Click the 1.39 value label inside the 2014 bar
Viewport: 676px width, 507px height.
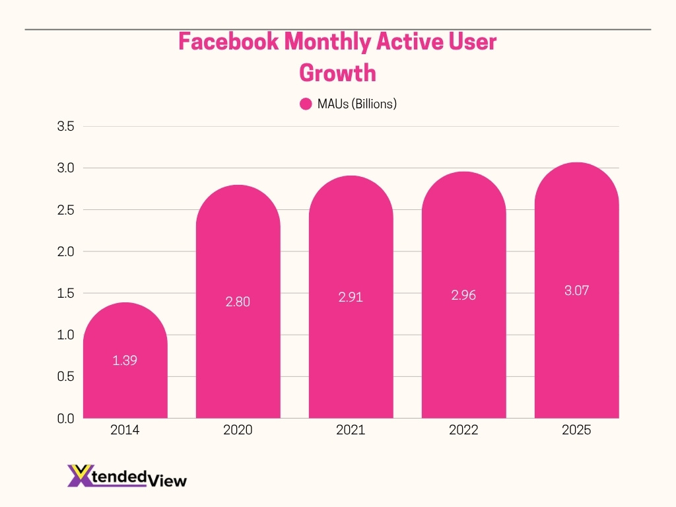point(125,360)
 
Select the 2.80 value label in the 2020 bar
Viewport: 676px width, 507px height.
point(238,302)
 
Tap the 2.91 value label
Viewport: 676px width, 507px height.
point(351,297)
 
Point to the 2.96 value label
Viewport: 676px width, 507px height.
point(463,295)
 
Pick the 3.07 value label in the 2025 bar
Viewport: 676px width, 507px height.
point(576,290)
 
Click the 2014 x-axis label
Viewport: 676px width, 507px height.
point(125,430)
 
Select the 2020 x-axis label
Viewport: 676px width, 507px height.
point(238,430)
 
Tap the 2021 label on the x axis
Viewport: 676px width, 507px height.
point(351,430)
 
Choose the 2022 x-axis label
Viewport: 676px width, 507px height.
point(463,430)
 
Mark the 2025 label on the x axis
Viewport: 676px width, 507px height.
point(576,430)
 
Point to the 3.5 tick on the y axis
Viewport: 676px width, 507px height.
point(66,127)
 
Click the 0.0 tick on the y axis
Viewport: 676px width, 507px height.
point(66,419)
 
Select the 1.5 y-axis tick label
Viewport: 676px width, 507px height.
point(66,293)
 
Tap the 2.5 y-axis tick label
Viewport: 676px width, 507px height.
point(66,210)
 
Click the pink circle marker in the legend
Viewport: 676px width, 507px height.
point(306,104)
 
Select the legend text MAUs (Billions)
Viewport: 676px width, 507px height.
point(356,104)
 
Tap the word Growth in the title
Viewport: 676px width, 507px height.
point(338,72)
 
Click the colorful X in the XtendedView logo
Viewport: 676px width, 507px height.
point(79,475)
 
